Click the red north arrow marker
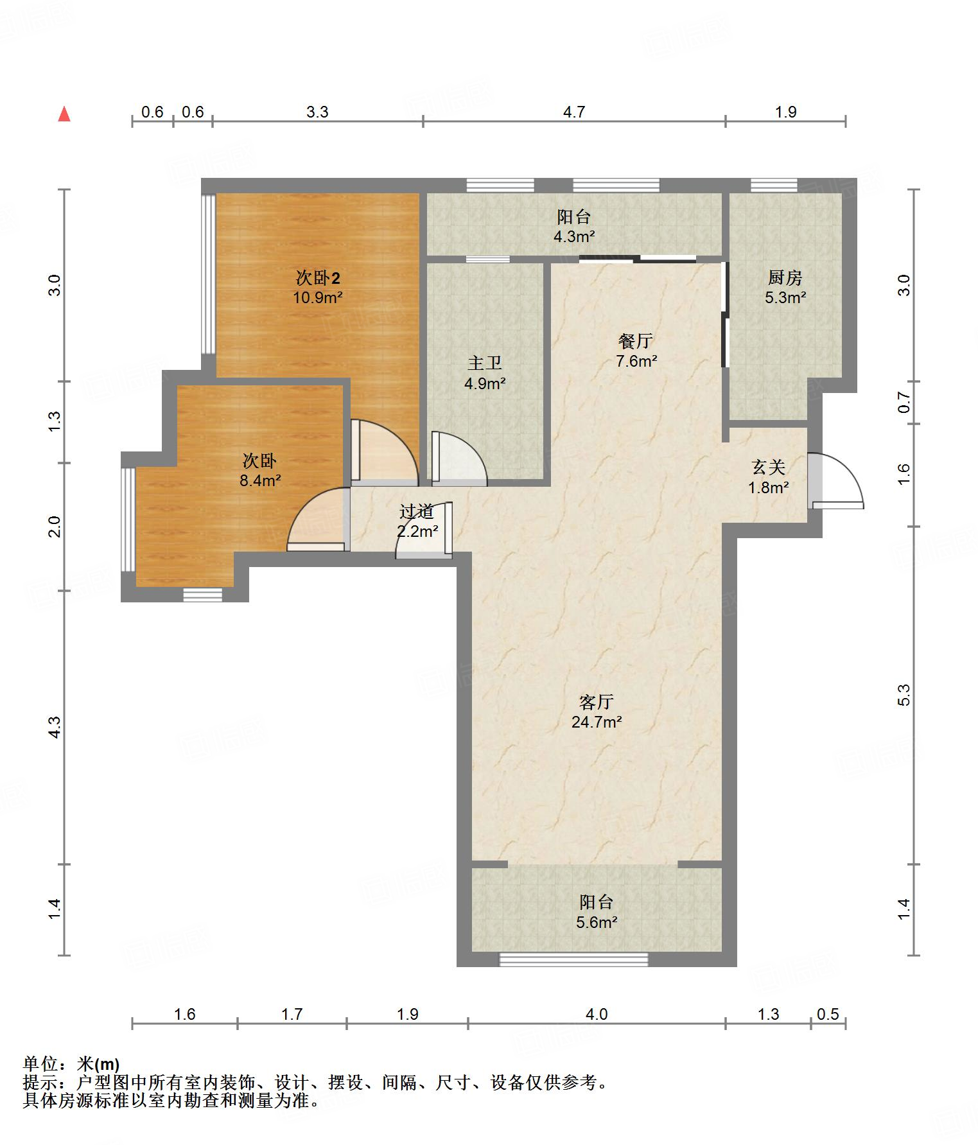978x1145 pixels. [x=64, y=114]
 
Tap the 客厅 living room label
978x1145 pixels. [x=597, y=702]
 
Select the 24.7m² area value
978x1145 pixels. [x=597, y=722]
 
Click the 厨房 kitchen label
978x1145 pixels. [x=785, y=278]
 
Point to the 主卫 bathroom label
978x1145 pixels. [x=485, y=363]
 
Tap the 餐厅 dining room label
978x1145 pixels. [x=636, y=341]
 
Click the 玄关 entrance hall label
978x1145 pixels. [x=769, y=467]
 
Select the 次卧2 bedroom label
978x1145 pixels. [x=318, y=278]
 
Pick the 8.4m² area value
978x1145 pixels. [x=260, y=481]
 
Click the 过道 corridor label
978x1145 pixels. [x=417, y=512]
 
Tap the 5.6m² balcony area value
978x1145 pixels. [x=597, y=923]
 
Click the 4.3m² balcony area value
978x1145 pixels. [x=574, y=237]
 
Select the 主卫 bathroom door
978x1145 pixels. [x=459, y=457]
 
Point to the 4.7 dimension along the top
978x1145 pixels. [x=574, y=112]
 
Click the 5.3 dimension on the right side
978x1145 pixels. [x=904, y=695]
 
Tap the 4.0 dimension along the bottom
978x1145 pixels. [x=597, y=1014]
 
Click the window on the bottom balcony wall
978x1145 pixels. [x=573, y=959]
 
